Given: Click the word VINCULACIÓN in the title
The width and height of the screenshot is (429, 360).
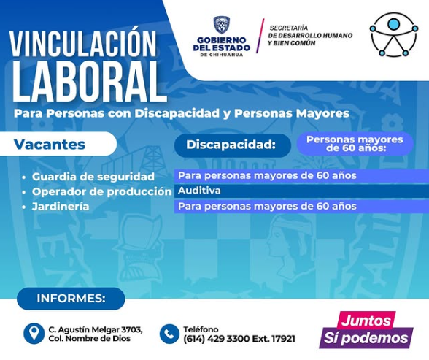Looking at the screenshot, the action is click(82, 44).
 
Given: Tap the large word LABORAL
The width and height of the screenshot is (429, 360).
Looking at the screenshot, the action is click(89, 82).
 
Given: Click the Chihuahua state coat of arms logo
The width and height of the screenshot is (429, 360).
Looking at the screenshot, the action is click(221, 25).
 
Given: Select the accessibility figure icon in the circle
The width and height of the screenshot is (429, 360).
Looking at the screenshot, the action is click(393, 35).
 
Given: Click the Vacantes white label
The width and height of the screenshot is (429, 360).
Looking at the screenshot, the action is click(58, 145).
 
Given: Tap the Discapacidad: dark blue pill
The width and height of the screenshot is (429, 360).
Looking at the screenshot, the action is click(233, 145).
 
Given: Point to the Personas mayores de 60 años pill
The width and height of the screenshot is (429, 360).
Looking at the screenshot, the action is click(355, 144).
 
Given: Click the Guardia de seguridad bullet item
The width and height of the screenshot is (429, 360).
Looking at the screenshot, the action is click(89, 177).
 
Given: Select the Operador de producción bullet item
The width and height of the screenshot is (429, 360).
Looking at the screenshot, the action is click(97, 191).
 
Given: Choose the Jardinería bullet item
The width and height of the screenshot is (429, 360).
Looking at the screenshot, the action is click(56, 206).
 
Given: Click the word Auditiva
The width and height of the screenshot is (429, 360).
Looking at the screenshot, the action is click(199, 191).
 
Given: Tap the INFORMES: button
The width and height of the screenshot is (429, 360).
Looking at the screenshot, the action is click(71, 299).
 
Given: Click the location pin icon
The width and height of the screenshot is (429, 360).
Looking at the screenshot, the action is click(34, 334).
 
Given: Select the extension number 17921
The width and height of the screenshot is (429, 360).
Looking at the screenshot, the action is click(283, 339).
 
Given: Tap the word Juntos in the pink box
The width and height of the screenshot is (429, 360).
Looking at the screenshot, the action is click(366, 321).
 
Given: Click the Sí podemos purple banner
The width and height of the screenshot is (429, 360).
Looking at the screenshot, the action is click(366, 337).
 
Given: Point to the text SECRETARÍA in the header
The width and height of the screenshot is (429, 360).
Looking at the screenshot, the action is click(289, 28).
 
